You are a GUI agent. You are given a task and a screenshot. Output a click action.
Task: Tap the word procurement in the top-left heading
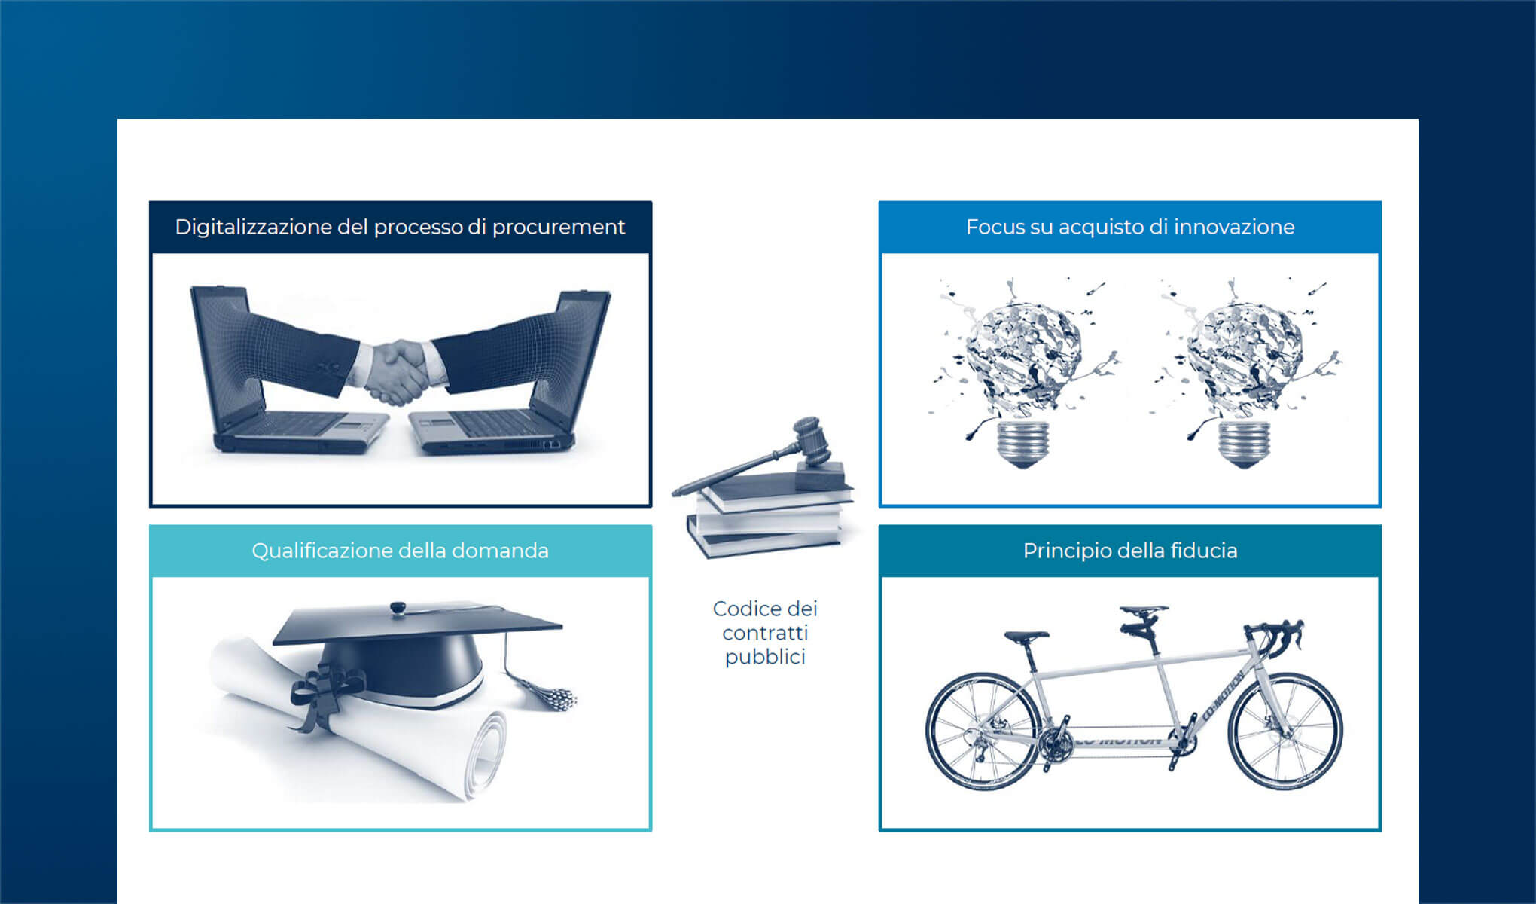558,228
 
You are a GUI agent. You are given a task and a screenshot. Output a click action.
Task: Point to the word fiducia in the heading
1203,551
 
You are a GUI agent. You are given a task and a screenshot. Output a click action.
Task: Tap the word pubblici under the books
765,657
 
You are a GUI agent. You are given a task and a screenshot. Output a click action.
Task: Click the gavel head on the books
812,439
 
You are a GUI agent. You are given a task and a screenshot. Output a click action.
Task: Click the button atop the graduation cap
397,607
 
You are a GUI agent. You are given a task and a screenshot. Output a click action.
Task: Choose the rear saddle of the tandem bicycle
1026,637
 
